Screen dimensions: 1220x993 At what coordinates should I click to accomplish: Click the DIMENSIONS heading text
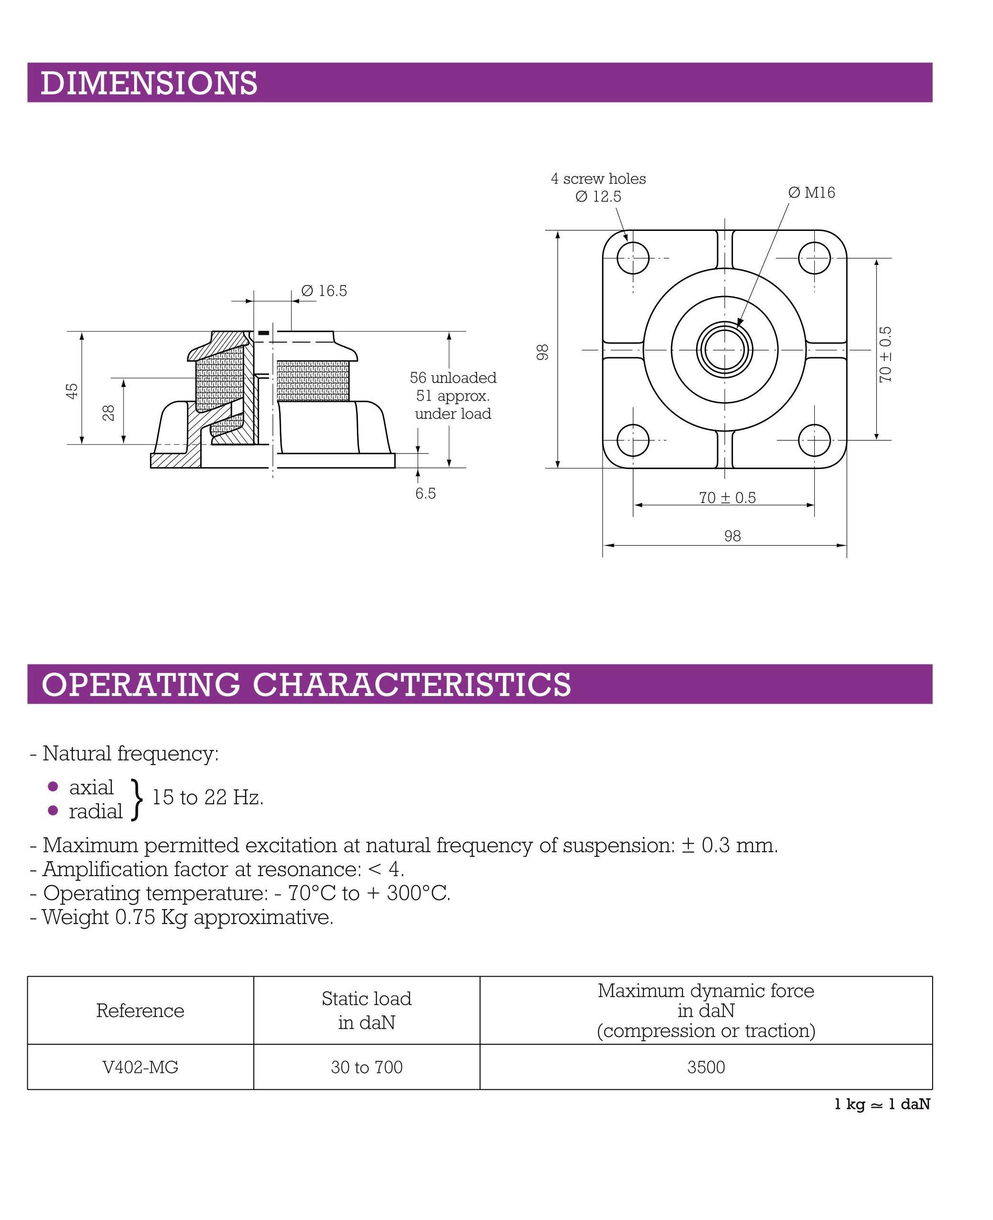click(148, 83)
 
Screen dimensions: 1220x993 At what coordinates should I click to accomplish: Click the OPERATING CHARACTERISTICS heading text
click(306, 684)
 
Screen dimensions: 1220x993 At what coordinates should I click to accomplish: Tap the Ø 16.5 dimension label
click(324, 291)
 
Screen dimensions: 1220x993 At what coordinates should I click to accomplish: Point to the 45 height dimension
click(72, 391)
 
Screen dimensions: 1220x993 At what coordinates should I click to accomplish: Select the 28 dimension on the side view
click(109, 412)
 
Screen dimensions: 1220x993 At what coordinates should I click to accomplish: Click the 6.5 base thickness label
click(425, 493)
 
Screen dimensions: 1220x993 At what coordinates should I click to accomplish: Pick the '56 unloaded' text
click(453, 377)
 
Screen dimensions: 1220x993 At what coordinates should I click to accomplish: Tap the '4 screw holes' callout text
click(598, 179)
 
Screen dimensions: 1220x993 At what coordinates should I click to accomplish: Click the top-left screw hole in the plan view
click(633, 258)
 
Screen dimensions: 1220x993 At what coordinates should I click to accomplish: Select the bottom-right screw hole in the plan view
click(814, 440)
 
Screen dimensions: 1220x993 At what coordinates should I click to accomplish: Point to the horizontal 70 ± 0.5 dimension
click(727, 498)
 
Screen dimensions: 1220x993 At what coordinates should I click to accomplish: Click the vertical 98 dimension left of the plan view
click(542, 352)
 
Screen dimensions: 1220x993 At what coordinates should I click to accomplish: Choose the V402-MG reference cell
click(140, 1067)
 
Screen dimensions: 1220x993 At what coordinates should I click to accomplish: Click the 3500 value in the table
click(706, 1067)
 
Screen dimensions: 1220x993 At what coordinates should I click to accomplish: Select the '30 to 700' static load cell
click(366, 1067)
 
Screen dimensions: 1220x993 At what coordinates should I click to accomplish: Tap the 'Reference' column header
click(140, 1010)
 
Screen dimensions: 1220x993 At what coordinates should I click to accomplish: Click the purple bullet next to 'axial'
click(53, 787)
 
